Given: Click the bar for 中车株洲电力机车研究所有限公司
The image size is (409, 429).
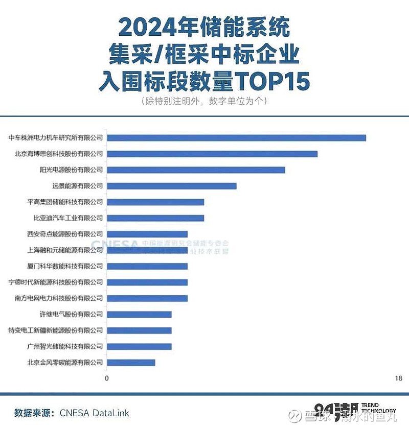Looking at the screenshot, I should (x=236, y=138).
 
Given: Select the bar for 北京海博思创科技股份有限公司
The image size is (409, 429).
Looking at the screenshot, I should (x=212, y=154).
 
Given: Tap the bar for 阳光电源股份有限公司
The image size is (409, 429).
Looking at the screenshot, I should (x=196, y=170).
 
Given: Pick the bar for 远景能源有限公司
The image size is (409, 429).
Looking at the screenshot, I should (x=172, y=186).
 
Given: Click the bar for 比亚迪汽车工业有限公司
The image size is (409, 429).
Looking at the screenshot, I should (x=155, y=218).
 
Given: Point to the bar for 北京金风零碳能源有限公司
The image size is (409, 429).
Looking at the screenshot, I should (x=131, y=363).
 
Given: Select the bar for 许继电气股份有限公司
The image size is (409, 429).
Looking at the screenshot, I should (x=139, y=315).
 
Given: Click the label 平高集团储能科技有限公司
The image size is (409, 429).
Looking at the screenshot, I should (x=65, y=202).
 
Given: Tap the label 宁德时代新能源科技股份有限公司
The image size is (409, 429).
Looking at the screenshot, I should (x=56, y=282).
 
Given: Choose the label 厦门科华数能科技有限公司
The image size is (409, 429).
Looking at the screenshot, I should (x=65, y=266).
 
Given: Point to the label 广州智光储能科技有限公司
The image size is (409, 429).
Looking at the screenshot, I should (x=65, y=346).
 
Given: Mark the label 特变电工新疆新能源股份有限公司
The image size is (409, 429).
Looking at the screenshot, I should (x=56, y=330).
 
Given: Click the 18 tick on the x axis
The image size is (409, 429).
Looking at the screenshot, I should (x=398, y=378).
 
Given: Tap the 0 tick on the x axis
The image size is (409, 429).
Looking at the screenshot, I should (x=107, y=378).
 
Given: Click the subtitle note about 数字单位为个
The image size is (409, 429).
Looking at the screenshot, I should (x=204, y=101).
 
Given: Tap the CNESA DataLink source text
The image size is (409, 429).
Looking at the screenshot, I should (x=95, y=413).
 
